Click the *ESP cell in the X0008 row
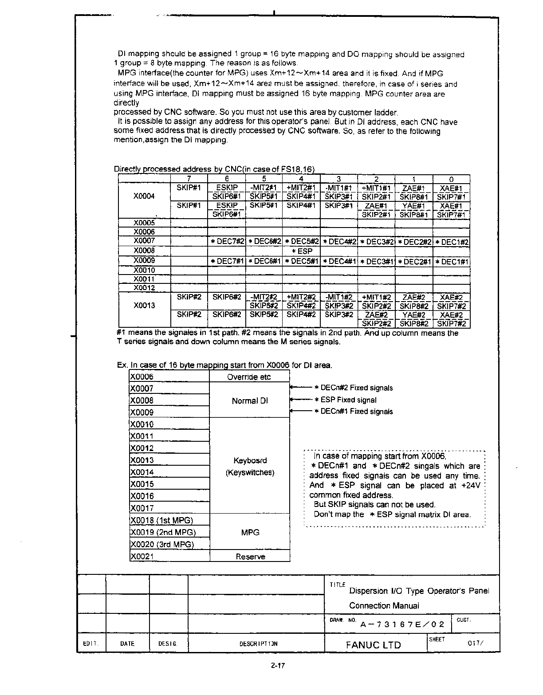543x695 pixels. (x=302, y=251)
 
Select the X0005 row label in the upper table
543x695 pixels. (x=144, y=223)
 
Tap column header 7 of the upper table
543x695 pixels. (x=189, y=179)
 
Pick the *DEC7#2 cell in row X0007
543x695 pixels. (x=227, y=242)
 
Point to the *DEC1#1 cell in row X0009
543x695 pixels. (x=451, y=261)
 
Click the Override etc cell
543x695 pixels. (x=249, y=377)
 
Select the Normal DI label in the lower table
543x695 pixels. (x=250, y=401)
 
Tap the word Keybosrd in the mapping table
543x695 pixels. (x=250, y=460)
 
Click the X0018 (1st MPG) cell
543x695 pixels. (x=162, y=520)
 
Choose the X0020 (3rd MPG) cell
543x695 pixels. (x=162, y=544)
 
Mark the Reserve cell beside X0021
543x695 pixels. (x=250, y=557)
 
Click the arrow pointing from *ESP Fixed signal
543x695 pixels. (x=301, y=399)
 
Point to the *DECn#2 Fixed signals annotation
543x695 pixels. (x=353, y=388)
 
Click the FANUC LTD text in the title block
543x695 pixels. (x=373, y=645)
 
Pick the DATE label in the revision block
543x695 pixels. (x=127, y=644)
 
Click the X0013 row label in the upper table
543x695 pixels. (x=144, y=305)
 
